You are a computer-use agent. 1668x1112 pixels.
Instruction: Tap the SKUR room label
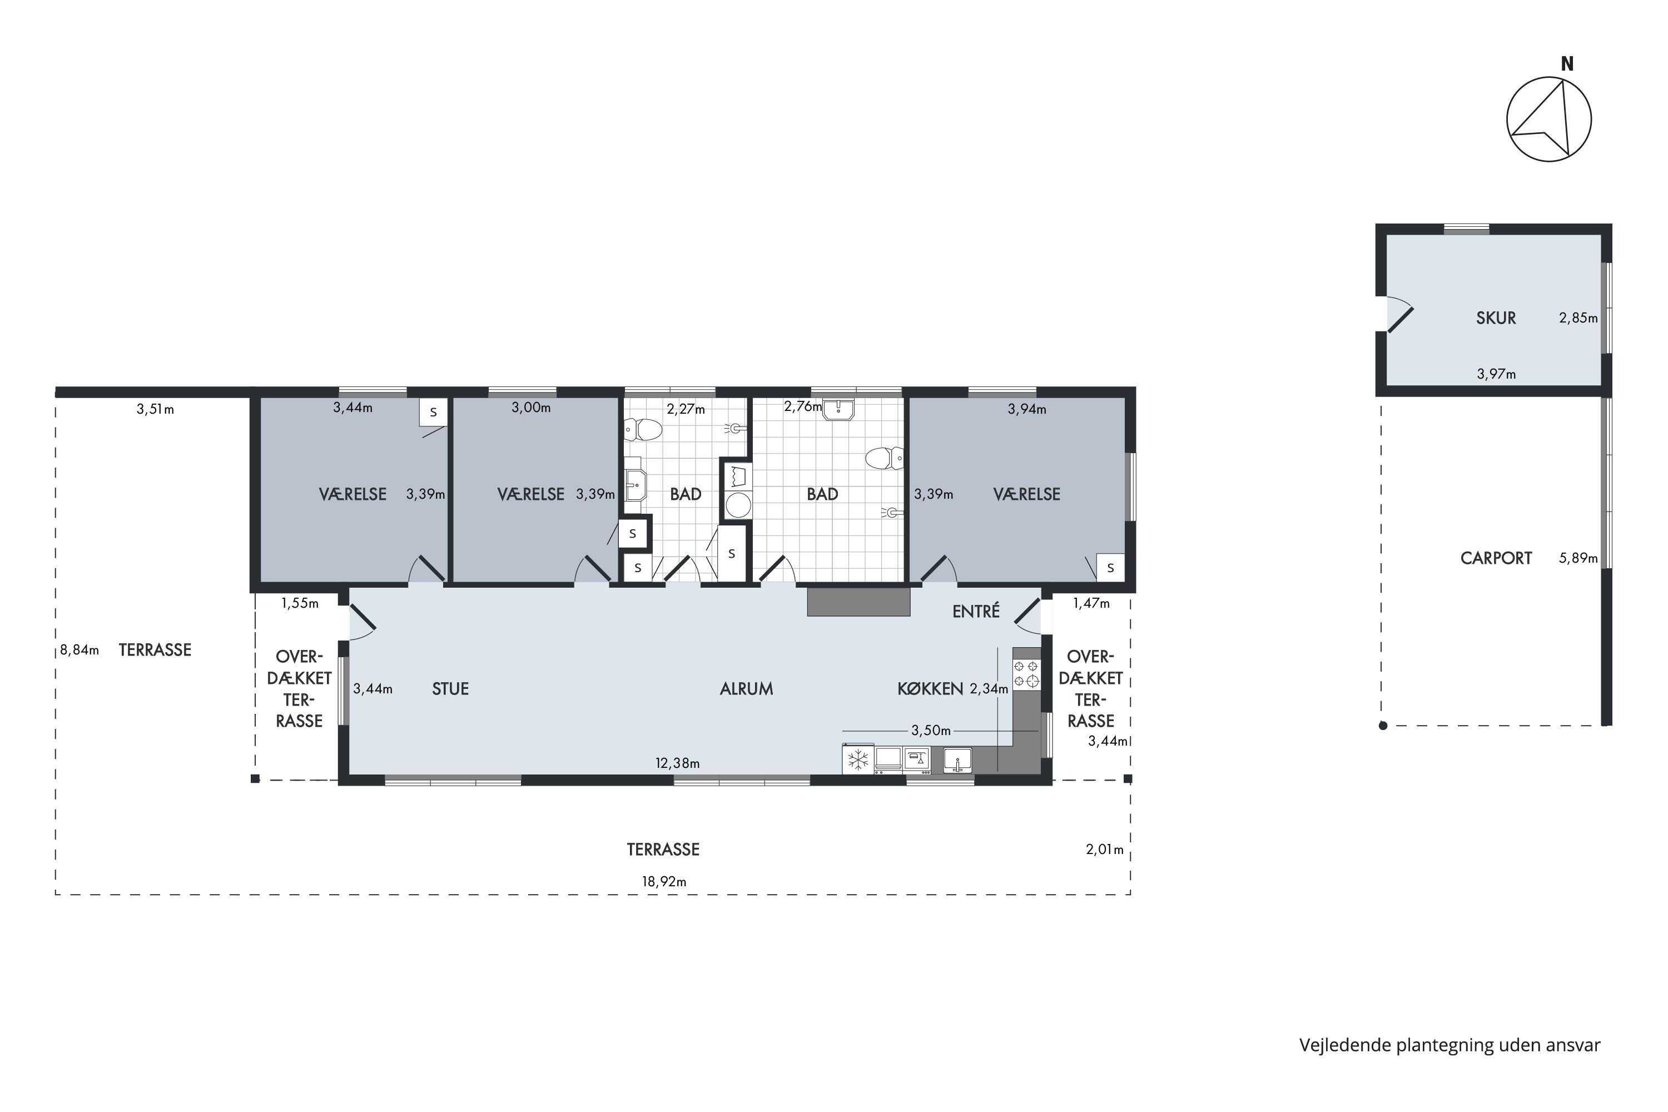tap(1496, 317)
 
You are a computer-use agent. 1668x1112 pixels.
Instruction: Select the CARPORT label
tap(1496, 558)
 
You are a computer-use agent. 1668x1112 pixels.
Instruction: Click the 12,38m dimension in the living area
tap(677, 763)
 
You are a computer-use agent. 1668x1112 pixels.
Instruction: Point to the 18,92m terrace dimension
tap(664, 881)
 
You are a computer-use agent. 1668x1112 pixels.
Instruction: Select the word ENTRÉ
tap(976, 610)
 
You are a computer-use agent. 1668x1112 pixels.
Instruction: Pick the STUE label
tap(450, 689)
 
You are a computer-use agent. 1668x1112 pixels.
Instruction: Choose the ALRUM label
tap(746, 689)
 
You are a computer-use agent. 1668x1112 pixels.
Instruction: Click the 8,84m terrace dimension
tap(80, 649)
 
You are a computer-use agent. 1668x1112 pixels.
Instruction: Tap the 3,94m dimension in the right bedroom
tap(1027, 409)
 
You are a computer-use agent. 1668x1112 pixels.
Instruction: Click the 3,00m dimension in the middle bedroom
tap(531, 408)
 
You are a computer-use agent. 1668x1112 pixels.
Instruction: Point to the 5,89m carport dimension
tap(1578, 558)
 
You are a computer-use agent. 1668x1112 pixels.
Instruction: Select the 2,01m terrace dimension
tap(1105, 849)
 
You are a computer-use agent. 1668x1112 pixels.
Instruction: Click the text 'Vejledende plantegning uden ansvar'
tap(1450, 1045)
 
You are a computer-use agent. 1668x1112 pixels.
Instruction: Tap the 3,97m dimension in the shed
tap(1496, 374)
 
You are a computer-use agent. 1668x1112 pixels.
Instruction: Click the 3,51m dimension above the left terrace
tap(155, 409)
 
